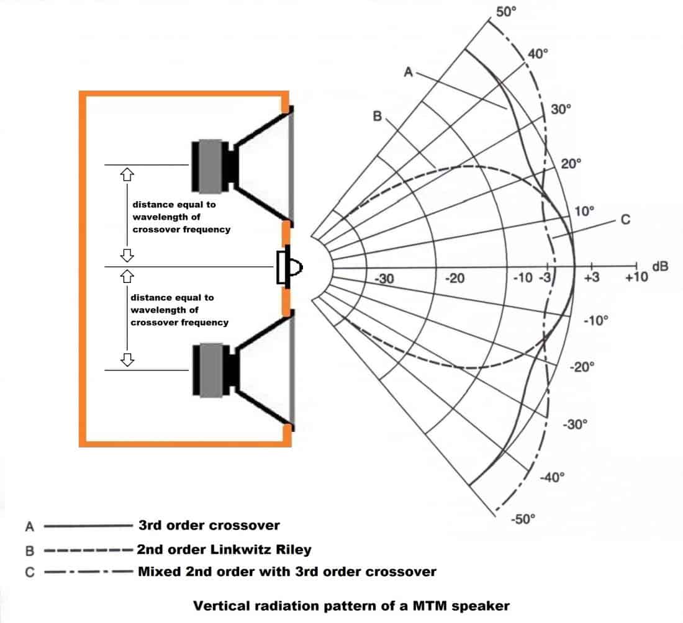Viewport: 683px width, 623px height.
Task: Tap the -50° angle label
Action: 522,519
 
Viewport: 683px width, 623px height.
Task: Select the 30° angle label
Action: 561,110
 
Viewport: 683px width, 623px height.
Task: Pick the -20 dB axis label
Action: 455,279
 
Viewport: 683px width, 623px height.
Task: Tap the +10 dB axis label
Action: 636,277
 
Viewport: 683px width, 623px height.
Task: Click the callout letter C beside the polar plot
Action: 625,219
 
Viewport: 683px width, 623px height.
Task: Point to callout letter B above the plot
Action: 377,115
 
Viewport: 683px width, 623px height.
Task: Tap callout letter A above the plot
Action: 408,72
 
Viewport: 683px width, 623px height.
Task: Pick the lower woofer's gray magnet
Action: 209,370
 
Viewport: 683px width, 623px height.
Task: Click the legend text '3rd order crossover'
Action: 209,526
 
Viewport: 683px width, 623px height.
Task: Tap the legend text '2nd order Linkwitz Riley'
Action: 224,549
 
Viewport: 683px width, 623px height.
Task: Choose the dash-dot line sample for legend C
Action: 88,571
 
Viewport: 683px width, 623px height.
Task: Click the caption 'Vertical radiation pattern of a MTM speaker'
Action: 351,606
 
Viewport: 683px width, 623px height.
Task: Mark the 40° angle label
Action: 538,53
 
